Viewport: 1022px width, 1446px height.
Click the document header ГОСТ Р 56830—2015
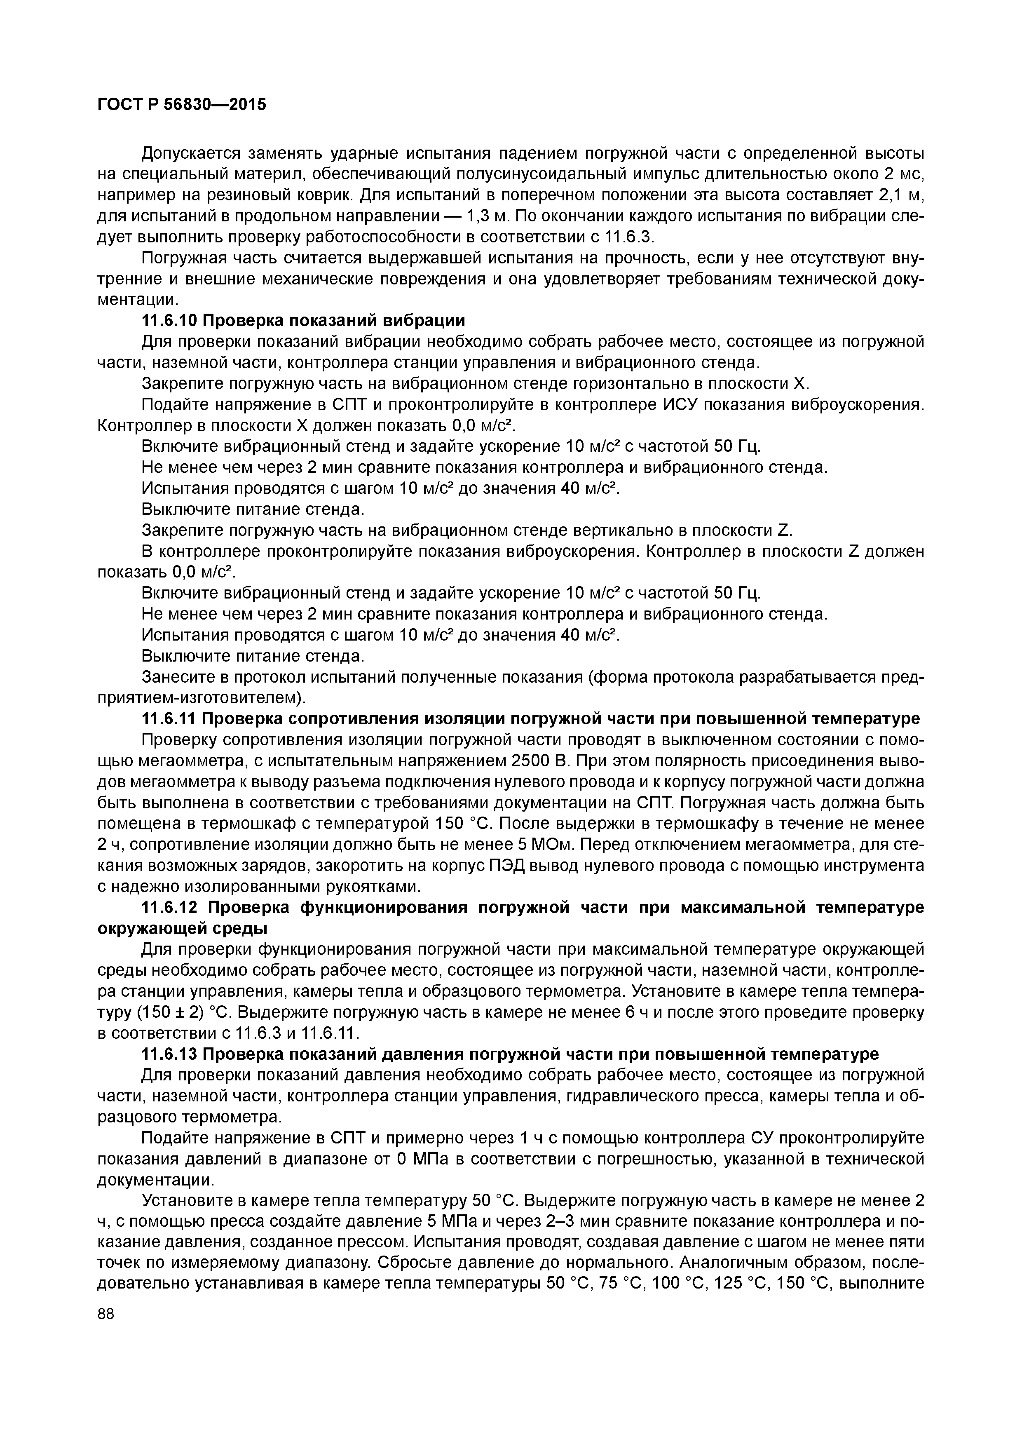coord(181,104)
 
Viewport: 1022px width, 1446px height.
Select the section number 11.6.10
coord(169,321)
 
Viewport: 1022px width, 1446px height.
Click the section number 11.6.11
coord(169,718)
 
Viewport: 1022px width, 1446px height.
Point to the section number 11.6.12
coord(169,908)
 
